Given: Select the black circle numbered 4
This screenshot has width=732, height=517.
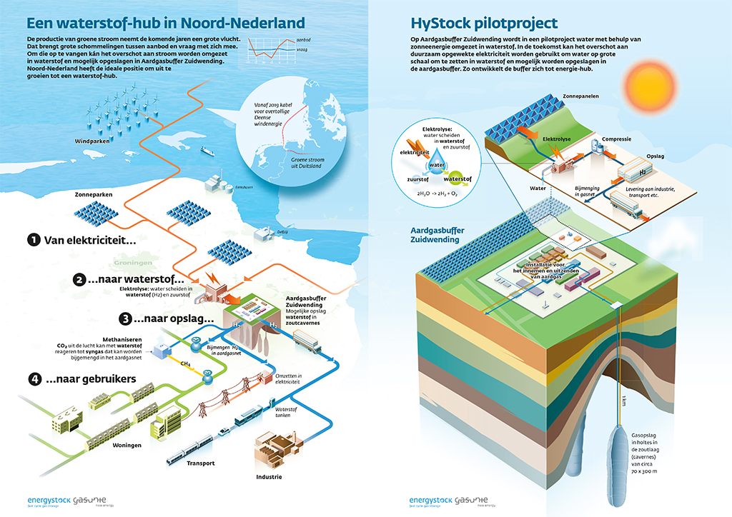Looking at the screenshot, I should pos(33,379).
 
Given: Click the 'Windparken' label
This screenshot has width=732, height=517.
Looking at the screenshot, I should pos(93,141).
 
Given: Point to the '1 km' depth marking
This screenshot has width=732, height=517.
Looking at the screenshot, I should pos(623,399).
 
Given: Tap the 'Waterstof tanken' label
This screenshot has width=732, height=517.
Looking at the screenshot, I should pos(286,413).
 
